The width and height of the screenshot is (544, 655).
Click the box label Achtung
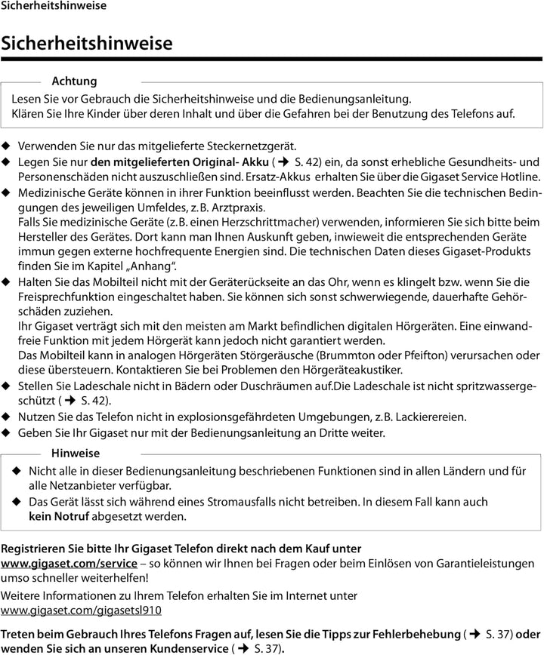coord(74,81)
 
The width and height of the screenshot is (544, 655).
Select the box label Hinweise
coord(76,454)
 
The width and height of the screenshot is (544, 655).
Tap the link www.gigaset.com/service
coord(69,563)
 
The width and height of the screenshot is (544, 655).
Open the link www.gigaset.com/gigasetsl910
coord(81,610)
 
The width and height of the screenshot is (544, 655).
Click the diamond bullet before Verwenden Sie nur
coord(7,146)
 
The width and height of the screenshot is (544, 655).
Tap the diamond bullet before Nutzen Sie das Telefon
coord(7,417)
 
